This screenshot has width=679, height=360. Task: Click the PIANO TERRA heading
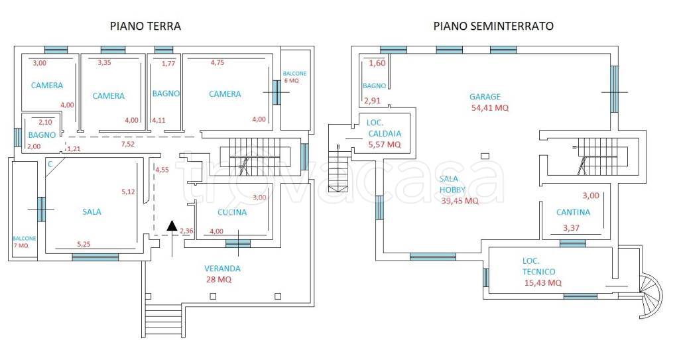[145, 26]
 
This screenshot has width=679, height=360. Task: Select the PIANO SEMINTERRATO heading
[493, 26]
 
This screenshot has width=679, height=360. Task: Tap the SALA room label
[92, 211]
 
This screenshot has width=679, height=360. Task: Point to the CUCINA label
[232, 213]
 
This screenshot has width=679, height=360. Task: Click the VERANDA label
[222, 269]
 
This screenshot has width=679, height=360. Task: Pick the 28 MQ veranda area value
[219, 280]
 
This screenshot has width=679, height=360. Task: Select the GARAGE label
[485, 97]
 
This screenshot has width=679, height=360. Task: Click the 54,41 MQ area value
[489, 108]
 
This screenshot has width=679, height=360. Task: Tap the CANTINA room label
[573, 213]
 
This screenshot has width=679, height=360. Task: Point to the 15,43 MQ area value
[542, 282]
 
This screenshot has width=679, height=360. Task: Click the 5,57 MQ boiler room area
[385, 144]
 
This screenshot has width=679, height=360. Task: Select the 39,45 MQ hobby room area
[460, 202]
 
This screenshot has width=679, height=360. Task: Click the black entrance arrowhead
[172, 225]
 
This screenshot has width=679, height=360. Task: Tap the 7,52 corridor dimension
[128, 143]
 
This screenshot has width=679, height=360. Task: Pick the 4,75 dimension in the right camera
[217, 63]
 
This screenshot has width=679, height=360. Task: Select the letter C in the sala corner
[50, 163]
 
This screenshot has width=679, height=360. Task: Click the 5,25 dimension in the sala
[84, 244]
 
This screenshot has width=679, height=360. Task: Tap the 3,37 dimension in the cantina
[571, 229]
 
